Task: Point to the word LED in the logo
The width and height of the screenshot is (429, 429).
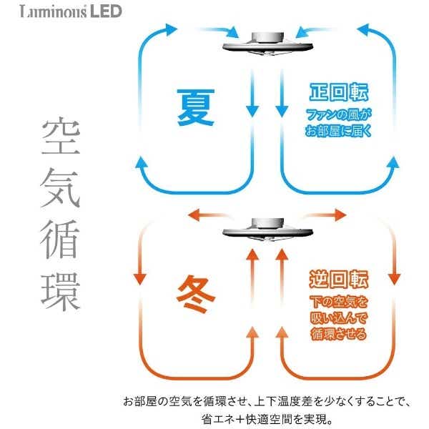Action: [106, 11]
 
